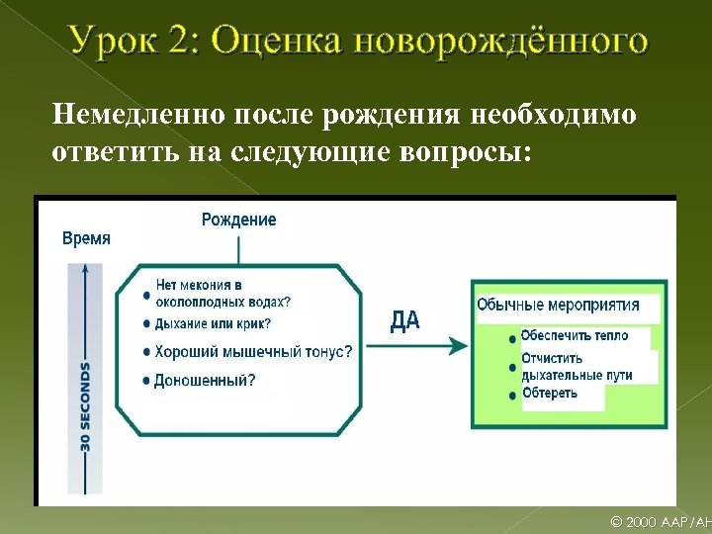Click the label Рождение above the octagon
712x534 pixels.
(x=238, y=220)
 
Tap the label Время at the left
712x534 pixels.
(x=86, y=238)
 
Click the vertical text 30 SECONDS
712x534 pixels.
(x=86, y=406)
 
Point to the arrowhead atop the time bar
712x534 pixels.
(x=86, y=268)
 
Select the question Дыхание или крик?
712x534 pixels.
(x=212, y=323)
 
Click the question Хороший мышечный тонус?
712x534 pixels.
(x=252, y=351)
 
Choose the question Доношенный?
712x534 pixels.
(x=204, y=380)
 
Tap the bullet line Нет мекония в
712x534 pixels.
(x=199, y=286)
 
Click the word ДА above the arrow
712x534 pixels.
(x=404, y=319)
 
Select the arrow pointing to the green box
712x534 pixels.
(x=415, y=345)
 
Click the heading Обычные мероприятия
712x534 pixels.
(x=558, y=305)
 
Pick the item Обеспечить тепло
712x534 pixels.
(x=574, y=335)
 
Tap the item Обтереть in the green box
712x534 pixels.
(x=550, y=394)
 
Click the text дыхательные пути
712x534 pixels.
(x=576, y=375)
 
